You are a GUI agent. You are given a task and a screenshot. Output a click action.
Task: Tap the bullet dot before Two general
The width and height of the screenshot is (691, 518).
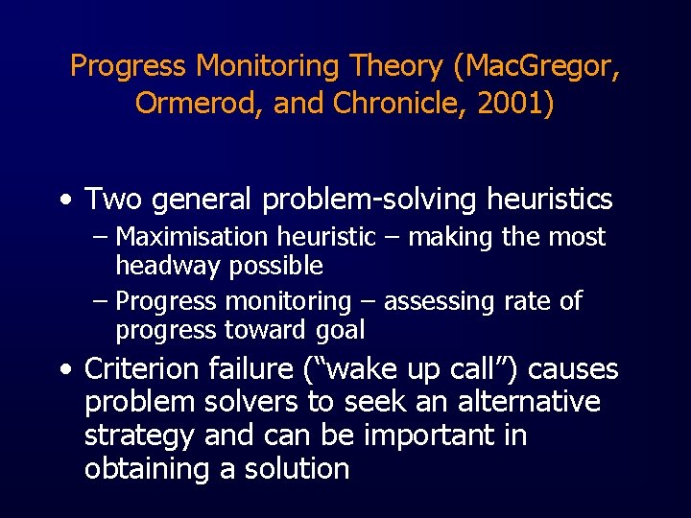pyautogui.click(x=63, y=200)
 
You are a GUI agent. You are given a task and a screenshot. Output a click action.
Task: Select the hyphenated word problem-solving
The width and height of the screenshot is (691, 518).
pyautogui.click(x=369, y=200)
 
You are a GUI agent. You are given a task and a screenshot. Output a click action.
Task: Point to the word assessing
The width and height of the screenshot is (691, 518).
pyautogui.click(x=438, y=301)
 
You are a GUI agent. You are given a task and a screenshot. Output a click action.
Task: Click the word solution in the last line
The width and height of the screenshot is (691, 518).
pyautogui.click(x=297, y=469)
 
